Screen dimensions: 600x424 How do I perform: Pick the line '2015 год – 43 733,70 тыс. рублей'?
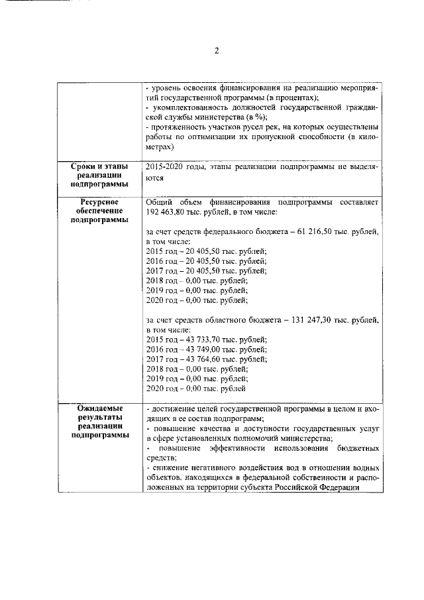[x=206, y=339]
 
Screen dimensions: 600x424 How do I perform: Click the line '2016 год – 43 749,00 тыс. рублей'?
[x=206, y=349]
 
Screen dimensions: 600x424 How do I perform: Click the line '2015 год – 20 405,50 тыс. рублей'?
[x=206, y=252]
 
